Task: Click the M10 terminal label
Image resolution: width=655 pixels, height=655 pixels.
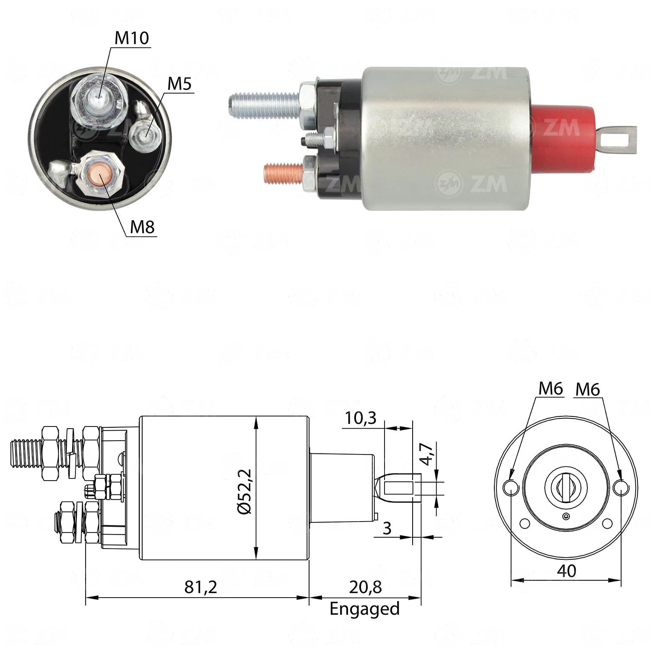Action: (x=132, y=38)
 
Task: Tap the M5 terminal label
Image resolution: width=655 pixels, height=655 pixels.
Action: (x=179, y=84)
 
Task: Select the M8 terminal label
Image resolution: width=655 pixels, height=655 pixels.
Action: (x=143, y=227)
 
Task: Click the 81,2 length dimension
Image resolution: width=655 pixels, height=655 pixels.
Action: (x=201, y=587)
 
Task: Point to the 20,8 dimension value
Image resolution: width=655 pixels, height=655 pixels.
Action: (x=365, y=587)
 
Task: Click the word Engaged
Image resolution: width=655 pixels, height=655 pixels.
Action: (x=365, y=609)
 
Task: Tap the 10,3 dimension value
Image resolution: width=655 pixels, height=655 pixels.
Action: (x=360, y=418)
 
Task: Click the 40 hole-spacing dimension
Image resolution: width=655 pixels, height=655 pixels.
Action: (x=566, y=570)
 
